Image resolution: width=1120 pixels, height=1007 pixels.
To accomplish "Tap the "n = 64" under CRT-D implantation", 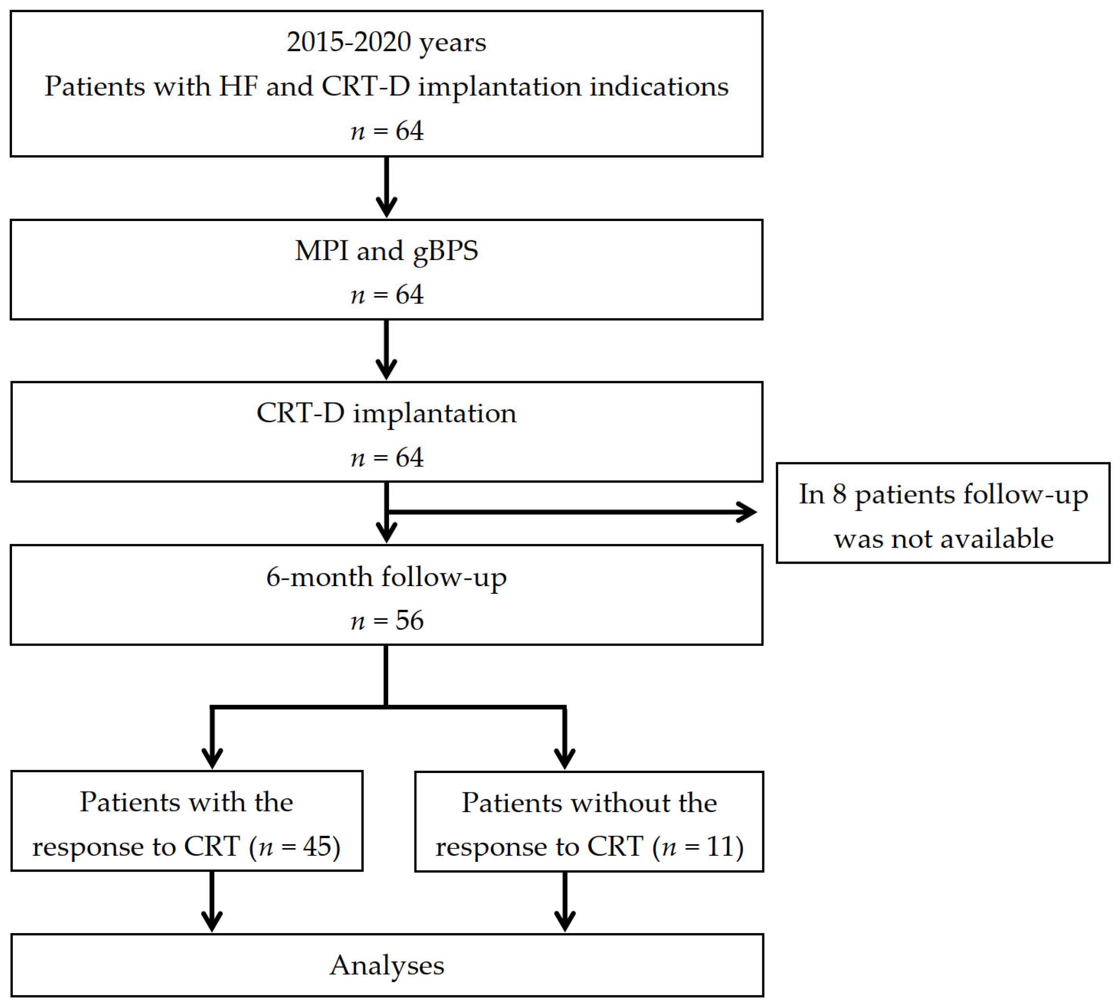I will point(387,457).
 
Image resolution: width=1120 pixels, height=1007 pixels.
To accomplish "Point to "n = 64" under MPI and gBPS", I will point(387,294).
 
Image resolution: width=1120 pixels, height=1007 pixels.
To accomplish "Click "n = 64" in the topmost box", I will point(387,131).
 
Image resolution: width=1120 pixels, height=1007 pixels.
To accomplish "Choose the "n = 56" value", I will point(387,620).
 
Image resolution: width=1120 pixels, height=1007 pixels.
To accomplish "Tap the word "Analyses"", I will point(387,966).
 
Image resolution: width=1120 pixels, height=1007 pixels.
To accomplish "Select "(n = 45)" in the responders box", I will point(294,847).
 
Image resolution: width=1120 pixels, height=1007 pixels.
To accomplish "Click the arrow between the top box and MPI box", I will point(387,188).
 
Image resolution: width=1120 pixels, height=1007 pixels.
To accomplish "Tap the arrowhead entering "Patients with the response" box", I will point(212,757).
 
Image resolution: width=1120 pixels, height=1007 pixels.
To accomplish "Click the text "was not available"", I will point(943,538).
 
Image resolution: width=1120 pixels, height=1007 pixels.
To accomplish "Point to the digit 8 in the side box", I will point(839,494).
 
